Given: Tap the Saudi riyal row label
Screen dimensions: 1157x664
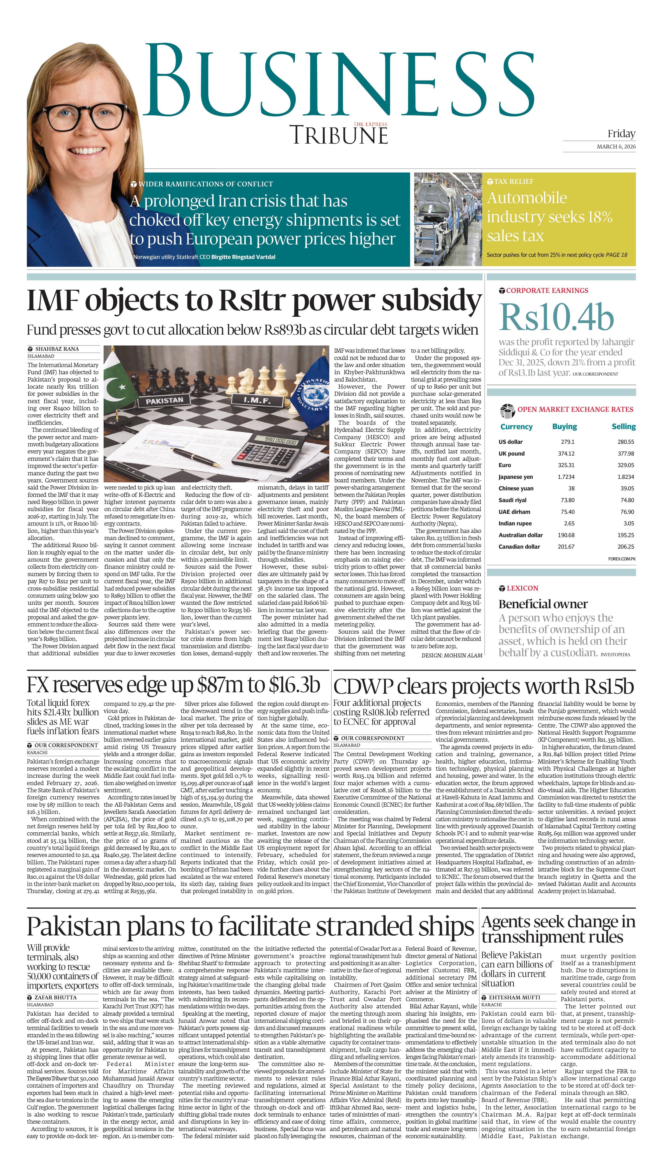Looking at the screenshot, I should coord(512,500).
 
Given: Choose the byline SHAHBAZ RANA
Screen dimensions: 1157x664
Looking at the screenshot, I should coord(57,349).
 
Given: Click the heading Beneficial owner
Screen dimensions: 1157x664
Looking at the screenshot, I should coord(543,604).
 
